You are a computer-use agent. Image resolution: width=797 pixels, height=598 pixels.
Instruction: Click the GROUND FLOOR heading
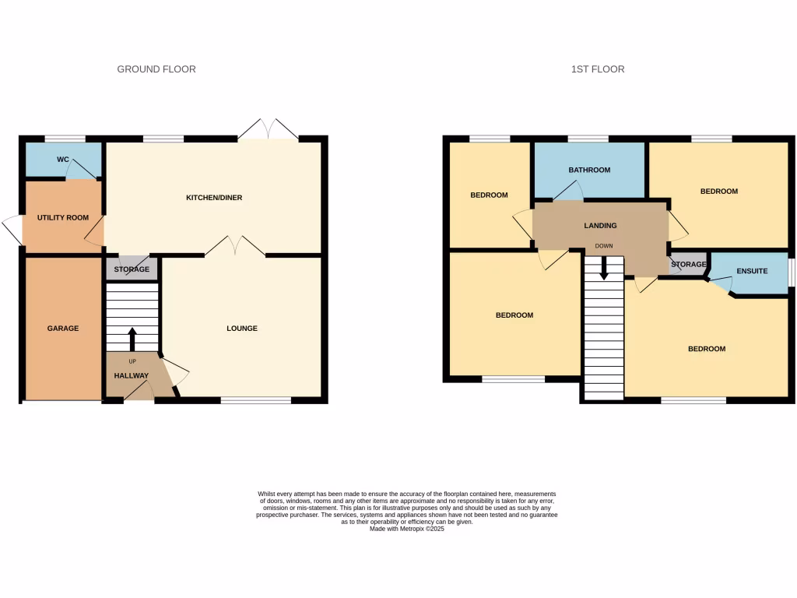(x=156, y=69)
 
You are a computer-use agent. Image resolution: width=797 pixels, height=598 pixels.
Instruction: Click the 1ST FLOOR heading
(x=598, y=69)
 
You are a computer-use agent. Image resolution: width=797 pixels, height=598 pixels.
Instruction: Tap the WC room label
(x=63, y=160)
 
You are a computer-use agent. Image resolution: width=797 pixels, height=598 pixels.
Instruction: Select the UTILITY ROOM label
(x=63, y=218)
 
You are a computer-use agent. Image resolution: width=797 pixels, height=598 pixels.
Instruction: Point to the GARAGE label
(x=63, y=329)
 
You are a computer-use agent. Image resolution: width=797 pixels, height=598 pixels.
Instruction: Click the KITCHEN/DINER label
(x=214, y=198)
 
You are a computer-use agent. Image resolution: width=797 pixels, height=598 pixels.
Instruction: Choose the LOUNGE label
(x=242, y=329)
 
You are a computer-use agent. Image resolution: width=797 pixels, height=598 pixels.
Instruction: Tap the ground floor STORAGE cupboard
(x=132, y=269)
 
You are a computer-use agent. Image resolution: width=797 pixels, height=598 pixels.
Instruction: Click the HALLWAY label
(x=131, y=376)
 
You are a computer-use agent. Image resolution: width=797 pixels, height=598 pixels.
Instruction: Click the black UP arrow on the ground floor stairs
(x=132, y=339)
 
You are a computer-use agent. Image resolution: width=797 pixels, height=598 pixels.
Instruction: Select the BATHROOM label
(x=589, y=170)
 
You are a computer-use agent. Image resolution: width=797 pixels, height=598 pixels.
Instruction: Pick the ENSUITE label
(x=752, y=272)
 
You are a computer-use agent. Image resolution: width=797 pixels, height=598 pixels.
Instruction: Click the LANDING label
(x=600, y=226)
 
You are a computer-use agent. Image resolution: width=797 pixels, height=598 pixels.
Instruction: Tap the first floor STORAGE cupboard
(x=688, y=265)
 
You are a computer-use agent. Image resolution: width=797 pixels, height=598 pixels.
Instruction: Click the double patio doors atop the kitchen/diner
(x=269, y=131)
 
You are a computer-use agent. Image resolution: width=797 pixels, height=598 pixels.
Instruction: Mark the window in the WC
(x=65, y=139)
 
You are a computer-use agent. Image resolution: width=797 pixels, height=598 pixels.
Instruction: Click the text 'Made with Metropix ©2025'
(x=406, y=529)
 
